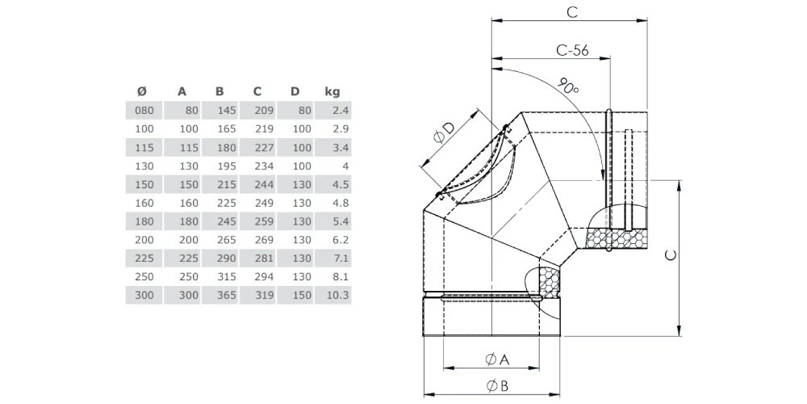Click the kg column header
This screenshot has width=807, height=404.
point(332,91)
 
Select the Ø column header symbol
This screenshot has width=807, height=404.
point(142,91)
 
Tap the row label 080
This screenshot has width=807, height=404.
point(142,111)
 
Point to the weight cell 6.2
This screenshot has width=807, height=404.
point(339,240)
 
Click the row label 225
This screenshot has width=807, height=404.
point(142,259)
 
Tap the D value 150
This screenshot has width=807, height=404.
point(299,296)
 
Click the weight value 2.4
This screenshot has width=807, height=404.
point(339,111)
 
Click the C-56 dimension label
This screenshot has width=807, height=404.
point(572,50)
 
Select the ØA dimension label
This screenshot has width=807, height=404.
point(495,358)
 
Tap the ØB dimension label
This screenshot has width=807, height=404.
point(495,385)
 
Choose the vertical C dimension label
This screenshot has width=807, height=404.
point(671,255)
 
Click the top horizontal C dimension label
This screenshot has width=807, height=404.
point(571,12)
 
